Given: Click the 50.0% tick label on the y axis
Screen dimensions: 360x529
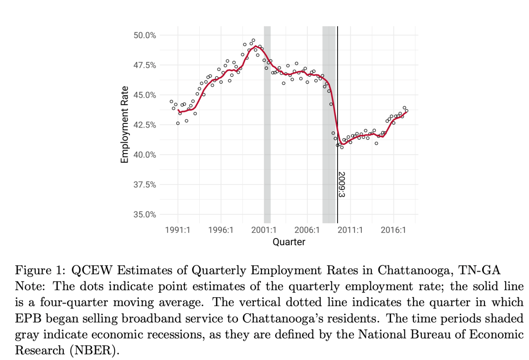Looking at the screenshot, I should coord(145,35).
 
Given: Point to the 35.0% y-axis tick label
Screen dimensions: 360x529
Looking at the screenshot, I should coord(145,215).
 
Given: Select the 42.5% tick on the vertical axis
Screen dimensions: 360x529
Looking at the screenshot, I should coord(145,125).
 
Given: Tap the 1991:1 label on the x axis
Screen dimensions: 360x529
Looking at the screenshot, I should coord(177,230).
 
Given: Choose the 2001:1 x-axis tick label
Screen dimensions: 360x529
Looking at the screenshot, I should coord(264,230).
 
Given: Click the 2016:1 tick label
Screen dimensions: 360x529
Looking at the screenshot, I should coord(393,230).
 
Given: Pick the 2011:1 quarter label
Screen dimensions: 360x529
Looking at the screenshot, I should coord(350,230).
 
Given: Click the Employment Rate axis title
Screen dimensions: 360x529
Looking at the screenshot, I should coord(125,124).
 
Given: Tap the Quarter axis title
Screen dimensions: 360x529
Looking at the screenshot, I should coord(289,242).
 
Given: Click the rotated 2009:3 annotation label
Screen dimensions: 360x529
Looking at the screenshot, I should coord(342,184).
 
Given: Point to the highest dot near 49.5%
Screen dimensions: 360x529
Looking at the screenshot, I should coord(253,40).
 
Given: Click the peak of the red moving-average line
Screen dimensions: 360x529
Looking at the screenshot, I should coord(256,46).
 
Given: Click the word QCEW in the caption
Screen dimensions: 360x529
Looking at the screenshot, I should coord(91,270).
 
